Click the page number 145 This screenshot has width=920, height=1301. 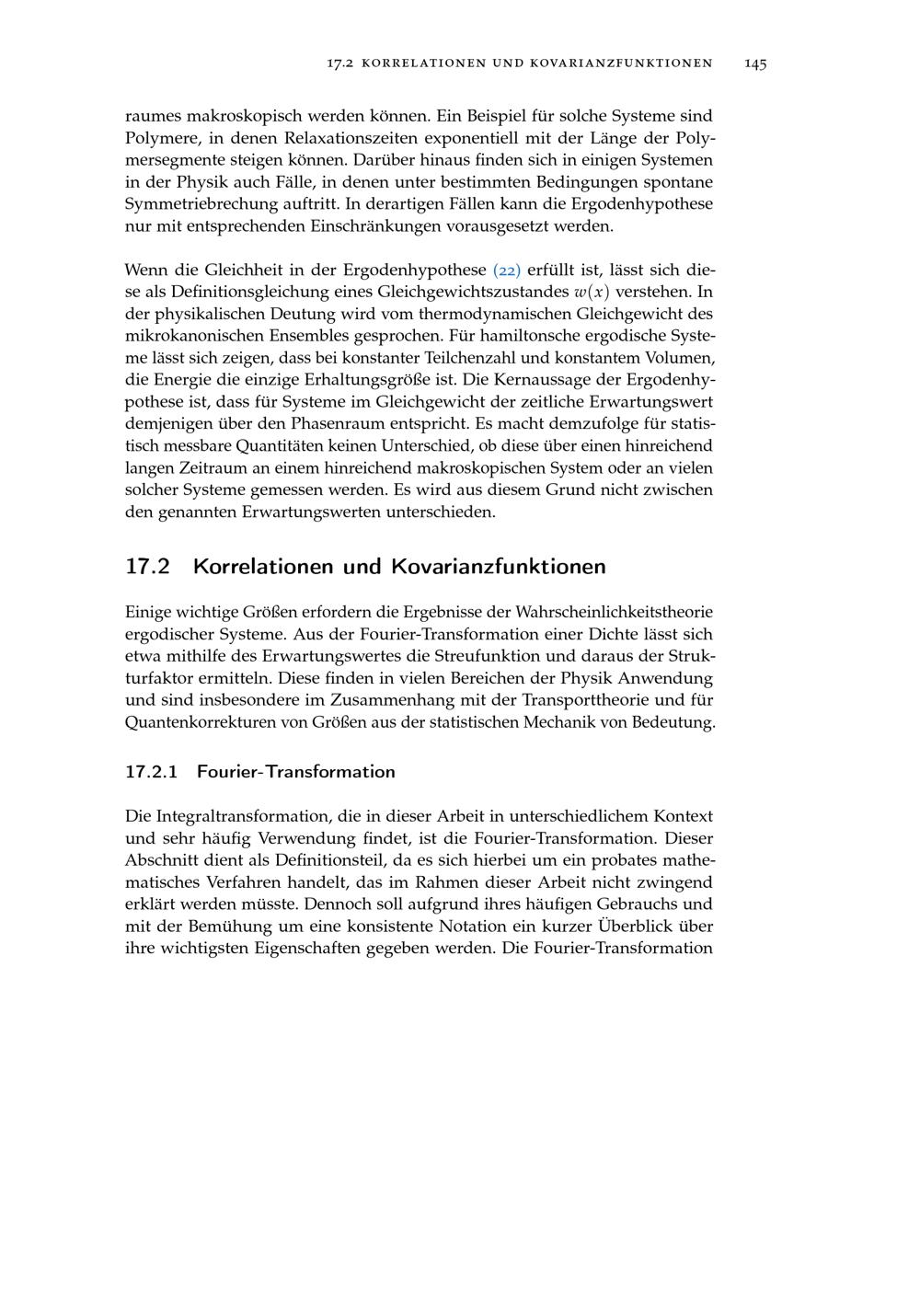tap(755, 63)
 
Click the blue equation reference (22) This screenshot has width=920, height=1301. tap(507, 271)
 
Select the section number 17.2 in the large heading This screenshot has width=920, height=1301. tap(148, 566)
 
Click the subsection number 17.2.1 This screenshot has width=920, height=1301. tap(151, 772)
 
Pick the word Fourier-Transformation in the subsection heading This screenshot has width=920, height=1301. tap(296, 772)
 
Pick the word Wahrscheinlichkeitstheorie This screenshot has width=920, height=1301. tap(615, 613)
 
